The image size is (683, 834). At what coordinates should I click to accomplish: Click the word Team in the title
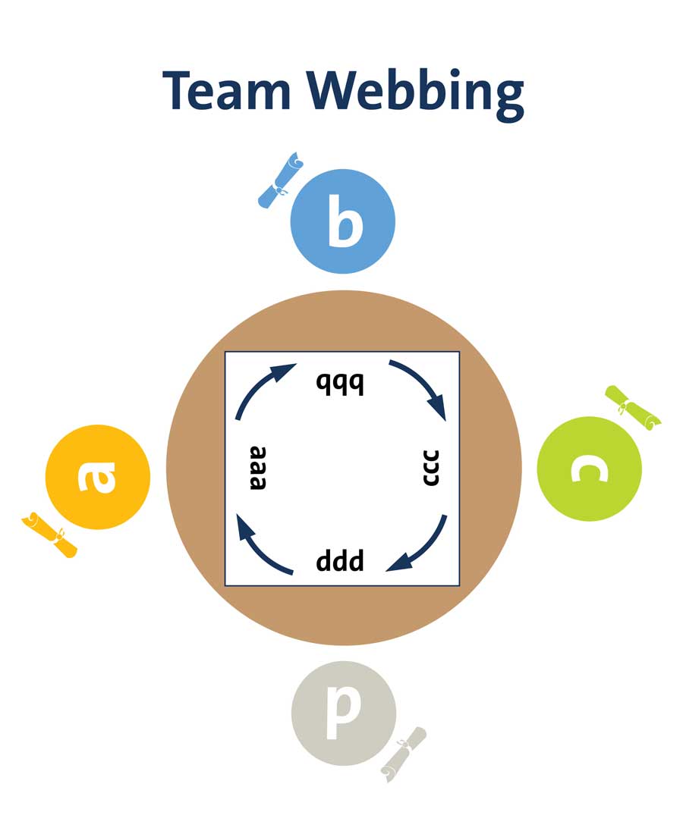pyautogui.click(x=226, y=91)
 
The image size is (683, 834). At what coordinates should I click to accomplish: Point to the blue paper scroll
pyautogui.click(x=279, y=182)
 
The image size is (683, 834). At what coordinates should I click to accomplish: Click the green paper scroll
pyautogui.click(x=633, y=408)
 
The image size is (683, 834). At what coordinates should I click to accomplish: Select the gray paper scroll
pyautogui.click(x=404, y=754)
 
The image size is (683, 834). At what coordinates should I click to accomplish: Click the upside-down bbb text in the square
pyautogui.click(x=340, y=384)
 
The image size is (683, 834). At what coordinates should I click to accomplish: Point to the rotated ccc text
pyautogui.click(x=430, y=469)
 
